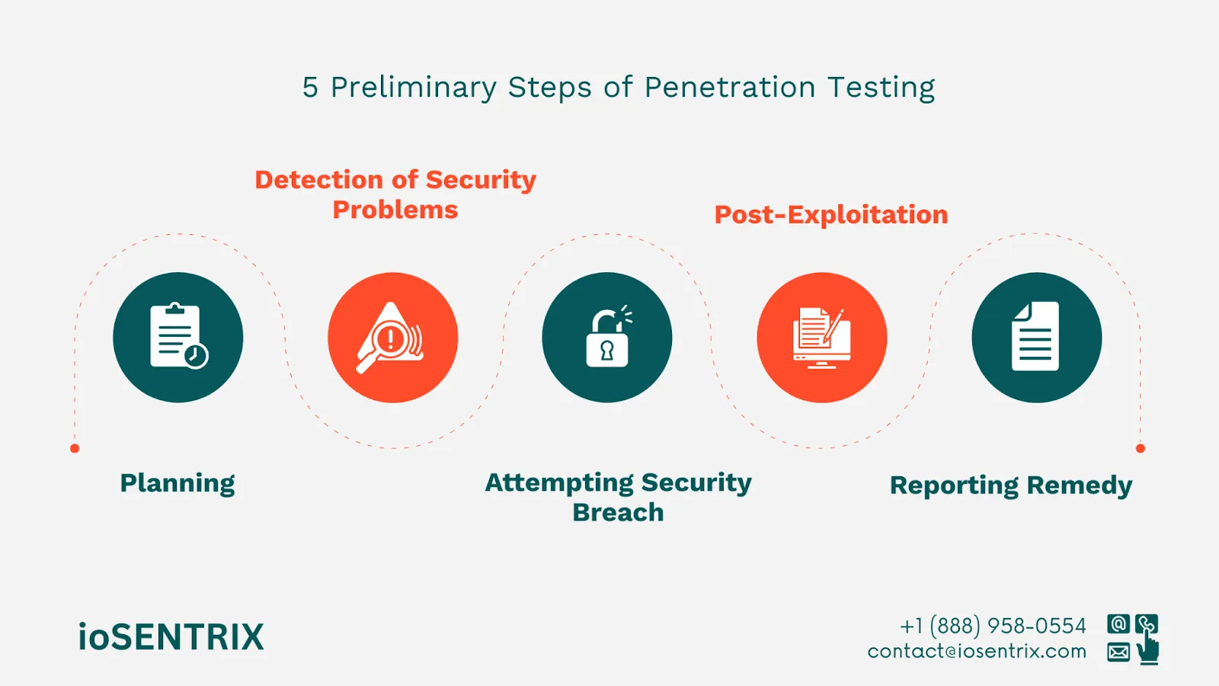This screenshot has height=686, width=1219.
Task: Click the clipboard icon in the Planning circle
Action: [176, 335]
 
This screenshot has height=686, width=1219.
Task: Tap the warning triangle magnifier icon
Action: [391, 338]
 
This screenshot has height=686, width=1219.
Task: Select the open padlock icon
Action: [607, 339]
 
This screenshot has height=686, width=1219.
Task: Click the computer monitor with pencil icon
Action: [821, 338]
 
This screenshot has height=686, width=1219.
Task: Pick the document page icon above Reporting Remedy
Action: [1035, 336]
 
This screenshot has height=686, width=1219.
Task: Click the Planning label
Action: [178, 483]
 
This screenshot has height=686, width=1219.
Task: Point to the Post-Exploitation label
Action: [830, 215]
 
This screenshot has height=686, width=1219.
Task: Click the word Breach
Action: [618, 512]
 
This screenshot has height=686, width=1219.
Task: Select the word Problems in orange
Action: [395, 210]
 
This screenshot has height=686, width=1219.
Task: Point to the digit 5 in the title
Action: [310, 88]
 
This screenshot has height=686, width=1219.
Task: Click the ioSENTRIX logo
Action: [171, 637]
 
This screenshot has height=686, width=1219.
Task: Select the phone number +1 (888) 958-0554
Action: [993, 626]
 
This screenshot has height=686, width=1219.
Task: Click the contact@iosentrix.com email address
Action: [977, 652]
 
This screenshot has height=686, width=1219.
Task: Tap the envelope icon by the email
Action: [1118, 652]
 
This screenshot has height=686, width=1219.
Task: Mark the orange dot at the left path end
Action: [75, 448]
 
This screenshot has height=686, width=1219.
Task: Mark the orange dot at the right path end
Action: [1140, 448]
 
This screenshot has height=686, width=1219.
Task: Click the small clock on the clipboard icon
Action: [196, 355]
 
